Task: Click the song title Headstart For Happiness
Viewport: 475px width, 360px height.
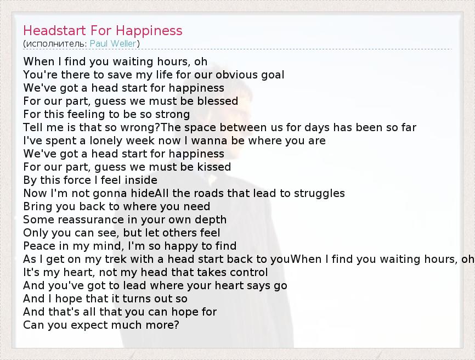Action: tap(103, 31)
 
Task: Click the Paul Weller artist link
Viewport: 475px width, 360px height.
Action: tap(113, 44)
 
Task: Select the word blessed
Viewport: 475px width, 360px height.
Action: tap(218, 101)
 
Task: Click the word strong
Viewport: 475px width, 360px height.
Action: tap(172, 115)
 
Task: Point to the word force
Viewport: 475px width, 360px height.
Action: tap(82, 180)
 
